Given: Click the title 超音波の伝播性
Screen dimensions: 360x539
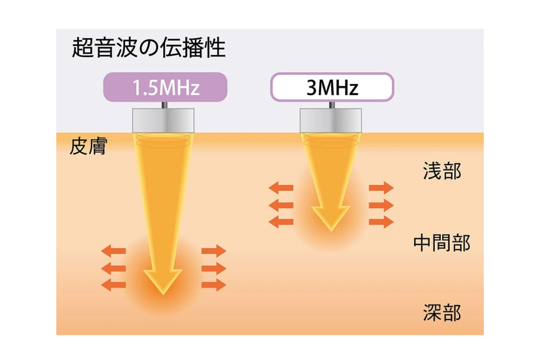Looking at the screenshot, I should click(x=149, y=49).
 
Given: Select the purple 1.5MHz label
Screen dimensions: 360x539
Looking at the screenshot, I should click(x=166, y=87).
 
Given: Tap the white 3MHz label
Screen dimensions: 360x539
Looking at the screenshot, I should click(x=332, y=87).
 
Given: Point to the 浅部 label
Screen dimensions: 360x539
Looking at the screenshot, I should click(x=442, y=172).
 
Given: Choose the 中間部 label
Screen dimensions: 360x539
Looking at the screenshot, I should click(x=442, y=243).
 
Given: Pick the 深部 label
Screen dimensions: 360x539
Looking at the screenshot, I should click(x=442, y=313).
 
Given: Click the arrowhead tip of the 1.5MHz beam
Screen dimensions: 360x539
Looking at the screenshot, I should click(x=163, y=291).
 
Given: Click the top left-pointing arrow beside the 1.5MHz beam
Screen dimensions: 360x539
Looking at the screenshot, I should click(x=113, y=250).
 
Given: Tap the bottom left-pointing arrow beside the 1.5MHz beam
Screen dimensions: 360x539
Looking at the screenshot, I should click(x=113, y=285).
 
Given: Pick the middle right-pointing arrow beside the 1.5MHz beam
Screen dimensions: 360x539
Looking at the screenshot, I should click(x=214, y=268).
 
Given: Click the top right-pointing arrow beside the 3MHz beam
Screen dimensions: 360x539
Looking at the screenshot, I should click(x=381, y=188).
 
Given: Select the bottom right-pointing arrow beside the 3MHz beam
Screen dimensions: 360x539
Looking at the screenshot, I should click(x=381, y=222).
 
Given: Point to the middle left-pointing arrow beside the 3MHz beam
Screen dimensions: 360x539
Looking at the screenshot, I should click(x=281, y=205).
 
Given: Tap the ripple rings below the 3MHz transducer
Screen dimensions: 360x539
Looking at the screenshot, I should click(x=331, y=140).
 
